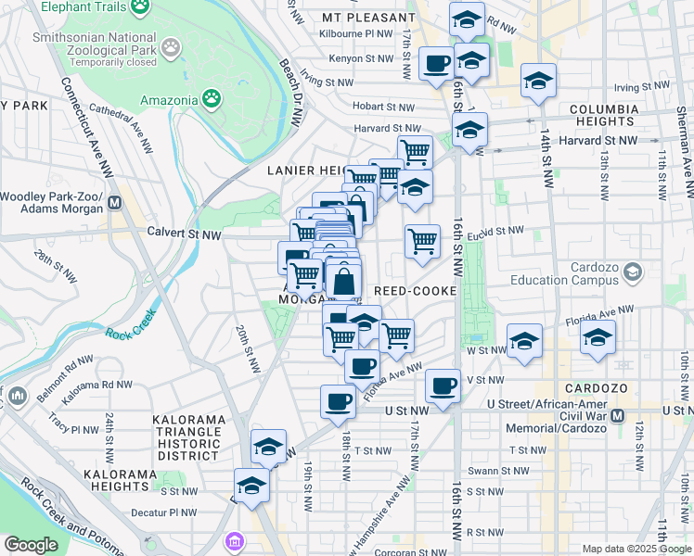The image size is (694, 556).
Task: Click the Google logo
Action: click(31, 545)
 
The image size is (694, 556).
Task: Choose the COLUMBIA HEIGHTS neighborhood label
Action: click(604, 116)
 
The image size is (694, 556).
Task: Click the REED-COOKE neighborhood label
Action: click(414, 291)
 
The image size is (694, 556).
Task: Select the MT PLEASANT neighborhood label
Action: click(368, 18)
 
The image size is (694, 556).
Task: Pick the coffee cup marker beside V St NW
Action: click(443, 385)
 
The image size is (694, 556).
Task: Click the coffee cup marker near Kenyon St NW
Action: click(436, 64)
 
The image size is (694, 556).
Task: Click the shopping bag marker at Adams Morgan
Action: click(343, 281)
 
